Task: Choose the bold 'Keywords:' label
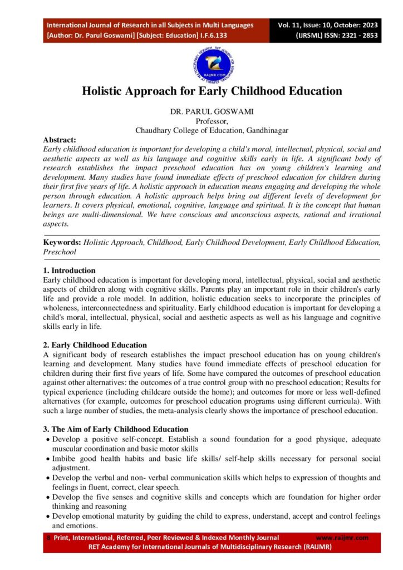(x=62, y=243)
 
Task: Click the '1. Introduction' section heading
(x=69, y=271)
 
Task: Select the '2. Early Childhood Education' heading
(x=95, y=345)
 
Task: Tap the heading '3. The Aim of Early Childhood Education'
(x=116, y=429)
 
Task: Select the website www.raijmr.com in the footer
(x=342, y=538)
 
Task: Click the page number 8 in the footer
(x=48, y=538)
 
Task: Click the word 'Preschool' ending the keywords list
(x=60, y=252)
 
